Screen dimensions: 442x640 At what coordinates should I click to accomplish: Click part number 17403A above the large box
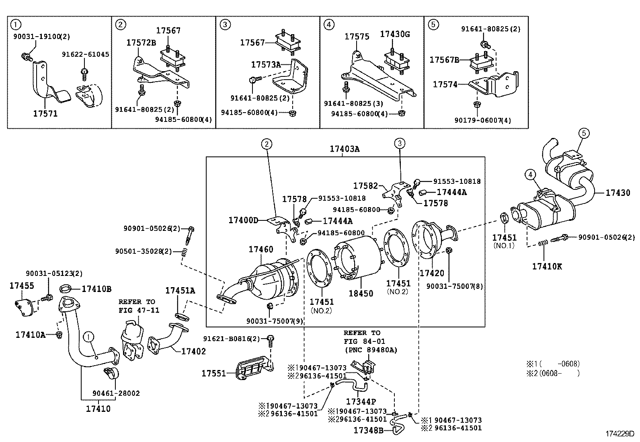[x=345, y=149]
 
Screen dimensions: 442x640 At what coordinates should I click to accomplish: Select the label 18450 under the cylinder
[x=361, y=293]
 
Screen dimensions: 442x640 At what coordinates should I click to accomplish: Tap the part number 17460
[x=261, y=249]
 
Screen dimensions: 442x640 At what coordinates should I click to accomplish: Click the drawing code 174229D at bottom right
[x=619, y=434]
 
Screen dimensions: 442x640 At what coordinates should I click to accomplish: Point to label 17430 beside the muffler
[x=618, y=193]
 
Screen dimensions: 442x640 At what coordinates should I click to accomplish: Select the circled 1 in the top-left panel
[x=15, y=25]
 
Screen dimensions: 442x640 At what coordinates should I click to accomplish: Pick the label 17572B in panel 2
[x=141, y=42]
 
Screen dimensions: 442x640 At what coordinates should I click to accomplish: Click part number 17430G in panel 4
[x=395, y=34]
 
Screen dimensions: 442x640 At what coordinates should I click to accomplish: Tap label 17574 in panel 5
[x=445, y=84]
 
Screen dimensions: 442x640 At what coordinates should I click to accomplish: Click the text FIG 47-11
[x=139, y=310]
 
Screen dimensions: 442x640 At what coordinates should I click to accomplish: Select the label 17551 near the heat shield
[x=213, y=374]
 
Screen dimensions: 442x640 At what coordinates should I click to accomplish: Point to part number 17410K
[x=547, y=266]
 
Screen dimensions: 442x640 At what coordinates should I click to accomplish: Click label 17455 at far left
[x=22, y=286]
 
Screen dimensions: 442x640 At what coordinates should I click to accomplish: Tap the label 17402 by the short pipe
[x=193, y=351]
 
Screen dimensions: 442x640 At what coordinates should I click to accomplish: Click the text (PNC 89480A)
[x=371, y=350]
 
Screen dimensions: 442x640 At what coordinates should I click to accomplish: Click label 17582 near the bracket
[x=365, y=186]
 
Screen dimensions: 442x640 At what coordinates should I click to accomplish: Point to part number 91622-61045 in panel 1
[x=86, y=54]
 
